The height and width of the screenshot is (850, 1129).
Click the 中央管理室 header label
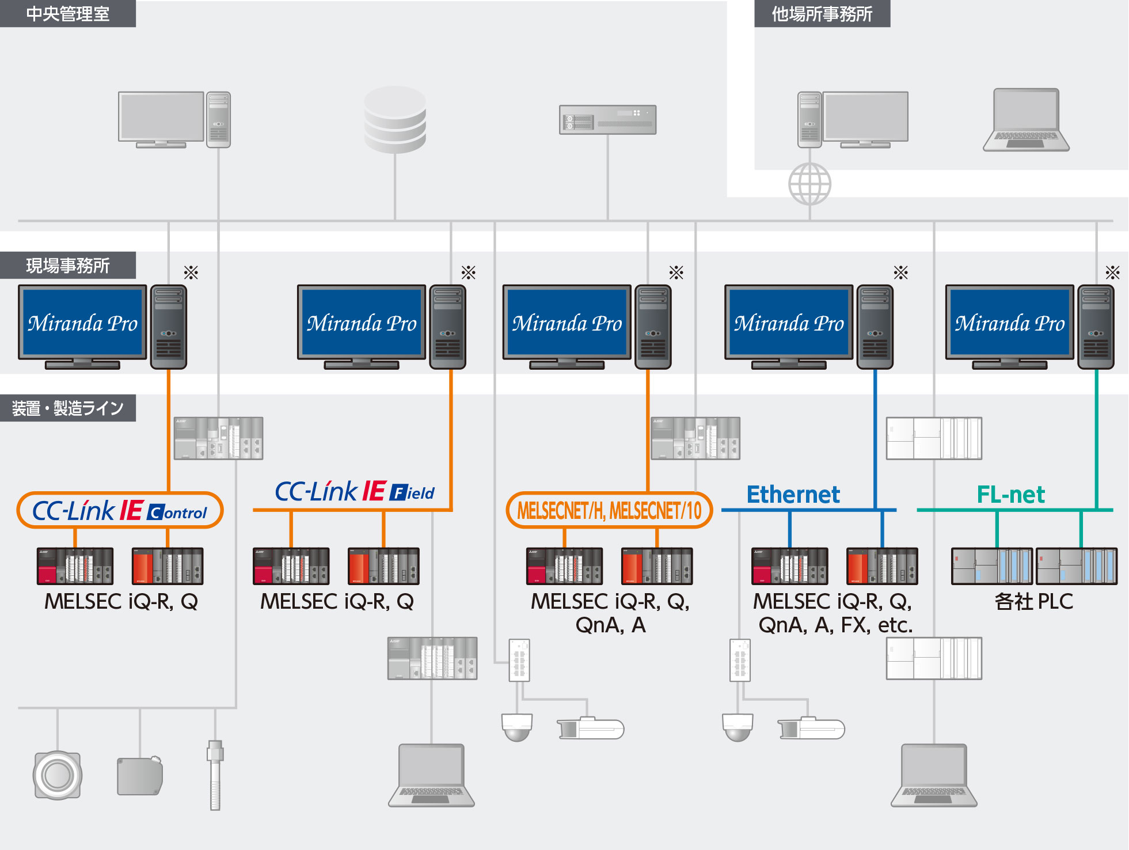(67, 13)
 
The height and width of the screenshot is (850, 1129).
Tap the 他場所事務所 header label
(822, 13)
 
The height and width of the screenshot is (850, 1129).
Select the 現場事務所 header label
(67, 265)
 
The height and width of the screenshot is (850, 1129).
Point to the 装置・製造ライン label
(67, 408)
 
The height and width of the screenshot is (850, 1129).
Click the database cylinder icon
(395, 119)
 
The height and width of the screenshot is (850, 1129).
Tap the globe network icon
(809, 184)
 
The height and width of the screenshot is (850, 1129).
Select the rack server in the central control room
(607, 120)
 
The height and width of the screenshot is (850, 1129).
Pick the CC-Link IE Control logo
(120, 510)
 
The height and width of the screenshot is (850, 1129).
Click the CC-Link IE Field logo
(355, 492)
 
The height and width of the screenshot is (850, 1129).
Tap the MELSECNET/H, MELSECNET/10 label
(609, 510)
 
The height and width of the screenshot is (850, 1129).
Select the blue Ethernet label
(793, 495)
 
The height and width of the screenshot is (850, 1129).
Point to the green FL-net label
(1010, 495)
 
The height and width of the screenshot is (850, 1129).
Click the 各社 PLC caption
(1034, 602)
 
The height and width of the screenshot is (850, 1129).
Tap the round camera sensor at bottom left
(57, 775)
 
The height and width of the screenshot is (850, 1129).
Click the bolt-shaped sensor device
(215, 775)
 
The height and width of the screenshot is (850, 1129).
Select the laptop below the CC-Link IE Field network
(431, 775)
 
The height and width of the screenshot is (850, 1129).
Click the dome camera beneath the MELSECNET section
(516, 727)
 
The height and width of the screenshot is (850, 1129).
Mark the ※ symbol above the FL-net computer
(1112, 272)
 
